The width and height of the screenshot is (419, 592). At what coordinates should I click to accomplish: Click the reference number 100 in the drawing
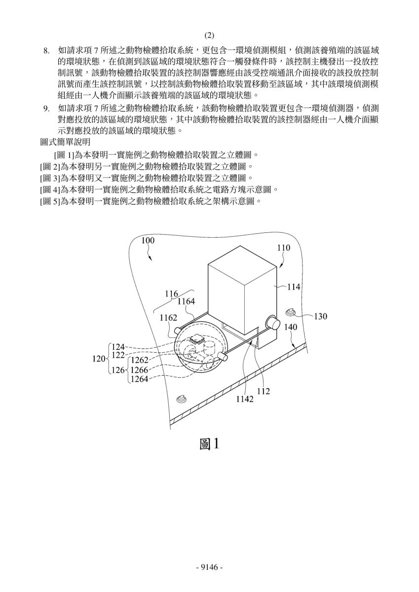[148, 241]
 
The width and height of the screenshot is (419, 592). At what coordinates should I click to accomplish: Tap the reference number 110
[284, 248]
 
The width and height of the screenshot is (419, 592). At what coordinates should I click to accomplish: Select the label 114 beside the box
[294, 287]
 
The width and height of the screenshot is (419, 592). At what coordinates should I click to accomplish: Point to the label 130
[320, 316]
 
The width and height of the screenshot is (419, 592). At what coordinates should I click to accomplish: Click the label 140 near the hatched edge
[291, 327]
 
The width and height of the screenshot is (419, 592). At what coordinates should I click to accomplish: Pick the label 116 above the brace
[172, 294]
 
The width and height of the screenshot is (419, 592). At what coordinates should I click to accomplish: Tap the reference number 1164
[186, 301]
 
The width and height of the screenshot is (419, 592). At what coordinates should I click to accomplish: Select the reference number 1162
[168, 318]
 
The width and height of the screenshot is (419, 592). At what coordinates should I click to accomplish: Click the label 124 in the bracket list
[118, 347]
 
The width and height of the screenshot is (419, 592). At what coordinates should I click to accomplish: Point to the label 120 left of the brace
[99, 359]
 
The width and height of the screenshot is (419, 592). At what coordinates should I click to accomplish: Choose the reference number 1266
[140, 370]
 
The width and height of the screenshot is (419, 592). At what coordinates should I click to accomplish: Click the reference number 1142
[244, 399]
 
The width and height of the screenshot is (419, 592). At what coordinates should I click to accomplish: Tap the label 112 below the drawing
[264, 391]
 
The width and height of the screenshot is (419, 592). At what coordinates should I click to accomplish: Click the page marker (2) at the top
[209, 36]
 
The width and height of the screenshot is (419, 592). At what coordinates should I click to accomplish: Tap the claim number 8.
[46, 50]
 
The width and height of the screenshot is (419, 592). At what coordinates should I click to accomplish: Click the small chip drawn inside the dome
[195, 338]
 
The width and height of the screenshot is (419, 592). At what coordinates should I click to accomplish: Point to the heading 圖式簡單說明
[65, 142]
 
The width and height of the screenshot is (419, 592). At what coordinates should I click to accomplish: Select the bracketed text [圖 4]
[50, 189]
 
